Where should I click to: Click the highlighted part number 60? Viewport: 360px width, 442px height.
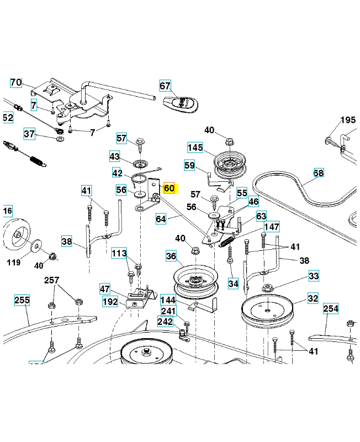pyautogui.click(x=169, y=188)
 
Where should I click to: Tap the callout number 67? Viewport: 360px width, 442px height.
pyautogui.click(x=165, y=86)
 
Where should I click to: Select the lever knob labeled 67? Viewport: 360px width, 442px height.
pyautogui.click(x=182, y=104)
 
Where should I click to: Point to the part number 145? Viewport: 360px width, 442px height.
pyautogui.click(x=195, y=148)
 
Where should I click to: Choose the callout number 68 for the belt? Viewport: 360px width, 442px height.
pyautogui.click(x=319, y=173)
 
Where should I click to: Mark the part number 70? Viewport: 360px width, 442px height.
pyautogui.click(x=15, y=83)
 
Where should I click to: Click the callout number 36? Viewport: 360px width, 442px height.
pyautogui.click(x=171, y=257)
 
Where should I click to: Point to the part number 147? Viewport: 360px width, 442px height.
pyautogui.click(x=271, y=227)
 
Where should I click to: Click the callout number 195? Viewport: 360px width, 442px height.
pyautogui.click(x=348, y=120)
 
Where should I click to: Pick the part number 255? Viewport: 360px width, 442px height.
pyautogui.click(x=22, y=300)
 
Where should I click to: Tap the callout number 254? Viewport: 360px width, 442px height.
pyautogui.click(x=330, y=309)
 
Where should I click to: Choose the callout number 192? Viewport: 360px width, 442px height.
pyautogui.click(x=110, y=302)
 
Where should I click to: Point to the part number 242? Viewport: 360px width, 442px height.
pyautogui.click(x=165, y=322)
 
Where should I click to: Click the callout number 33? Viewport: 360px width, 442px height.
pyautogui.click(x=314, y=276)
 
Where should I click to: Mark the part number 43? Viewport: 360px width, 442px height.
pyautogui.click(x=114, y=156)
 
